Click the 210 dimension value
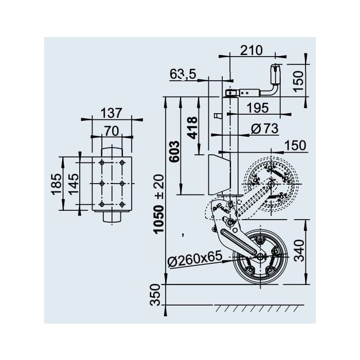[251, 50]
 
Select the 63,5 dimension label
[183, 74]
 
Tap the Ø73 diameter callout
[264, 129]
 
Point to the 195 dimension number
[258, 108]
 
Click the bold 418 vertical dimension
[192, 128]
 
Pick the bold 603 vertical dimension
[174, 152]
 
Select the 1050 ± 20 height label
[158, 204]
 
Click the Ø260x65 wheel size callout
[195, 259]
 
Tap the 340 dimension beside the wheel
[299, 251]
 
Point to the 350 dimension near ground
[155, 295]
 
